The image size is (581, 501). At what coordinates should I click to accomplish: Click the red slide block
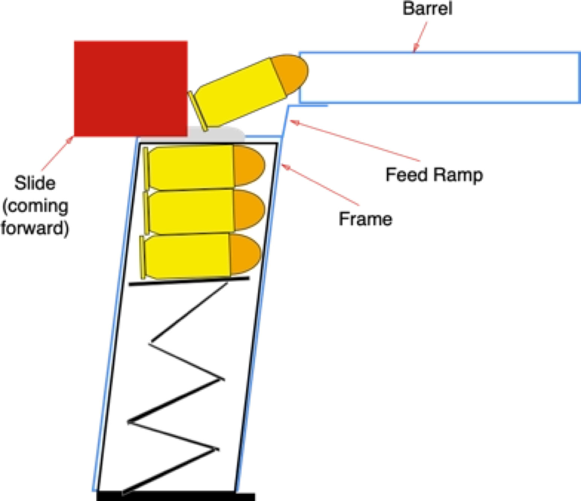[131, 88]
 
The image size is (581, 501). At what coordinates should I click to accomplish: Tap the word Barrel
[427, 9]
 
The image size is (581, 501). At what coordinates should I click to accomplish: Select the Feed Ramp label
[434, 175]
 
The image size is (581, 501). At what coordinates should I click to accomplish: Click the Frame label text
[365, 219]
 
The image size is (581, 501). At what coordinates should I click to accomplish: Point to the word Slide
[35, 183]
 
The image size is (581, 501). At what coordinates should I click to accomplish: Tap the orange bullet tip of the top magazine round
[248, 165]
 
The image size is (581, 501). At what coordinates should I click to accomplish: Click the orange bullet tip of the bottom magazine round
[245, 254]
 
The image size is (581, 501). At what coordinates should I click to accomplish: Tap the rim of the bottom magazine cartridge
[142, 258]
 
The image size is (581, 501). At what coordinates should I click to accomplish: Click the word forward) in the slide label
[35, 228]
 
